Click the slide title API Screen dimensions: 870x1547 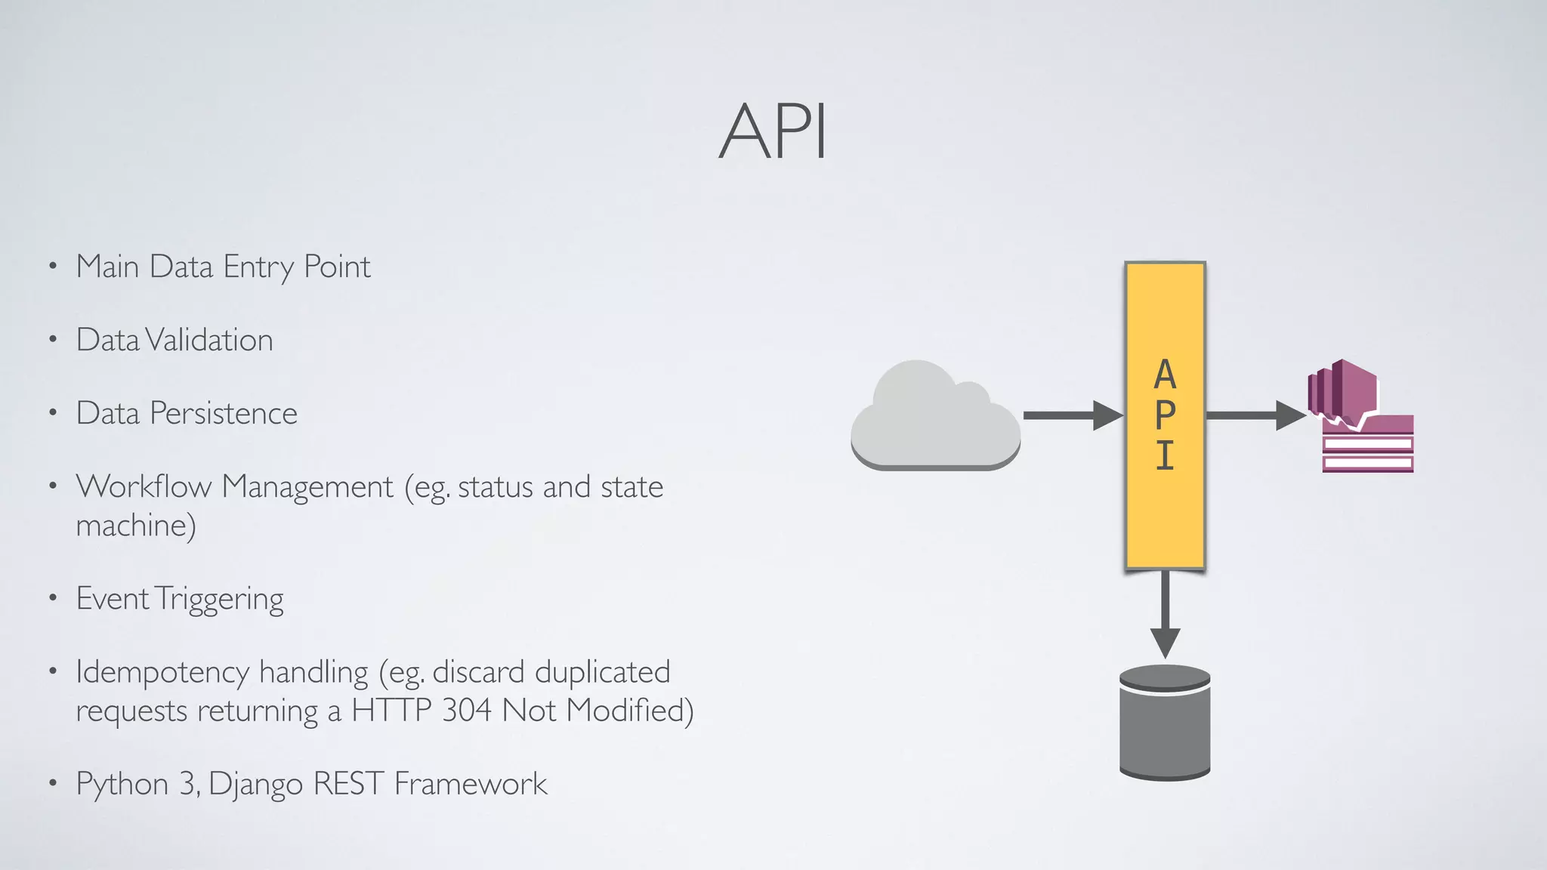point(773,132)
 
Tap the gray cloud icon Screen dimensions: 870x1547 point(935,418)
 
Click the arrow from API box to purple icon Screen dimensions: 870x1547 point(1254,415)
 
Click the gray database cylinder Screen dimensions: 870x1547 point(1165,723)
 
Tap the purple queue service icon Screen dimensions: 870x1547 point(1360,417)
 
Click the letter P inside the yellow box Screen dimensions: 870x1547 point(1165,415)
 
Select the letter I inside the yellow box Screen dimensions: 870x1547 point(1165,455)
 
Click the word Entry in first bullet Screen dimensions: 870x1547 point(258,267)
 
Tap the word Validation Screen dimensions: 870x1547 point(208,340)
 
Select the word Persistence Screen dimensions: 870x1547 point(224,413)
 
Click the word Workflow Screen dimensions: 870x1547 point(144,486)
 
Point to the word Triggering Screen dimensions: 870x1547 point(220,599)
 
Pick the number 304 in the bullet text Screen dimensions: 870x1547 point(467,711)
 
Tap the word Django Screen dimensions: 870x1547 point(255,784)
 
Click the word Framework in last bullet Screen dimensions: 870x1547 point(470,784)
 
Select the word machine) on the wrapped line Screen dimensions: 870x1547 point(136,526)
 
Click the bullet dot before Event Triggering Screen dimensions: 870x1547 point(53,599)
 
